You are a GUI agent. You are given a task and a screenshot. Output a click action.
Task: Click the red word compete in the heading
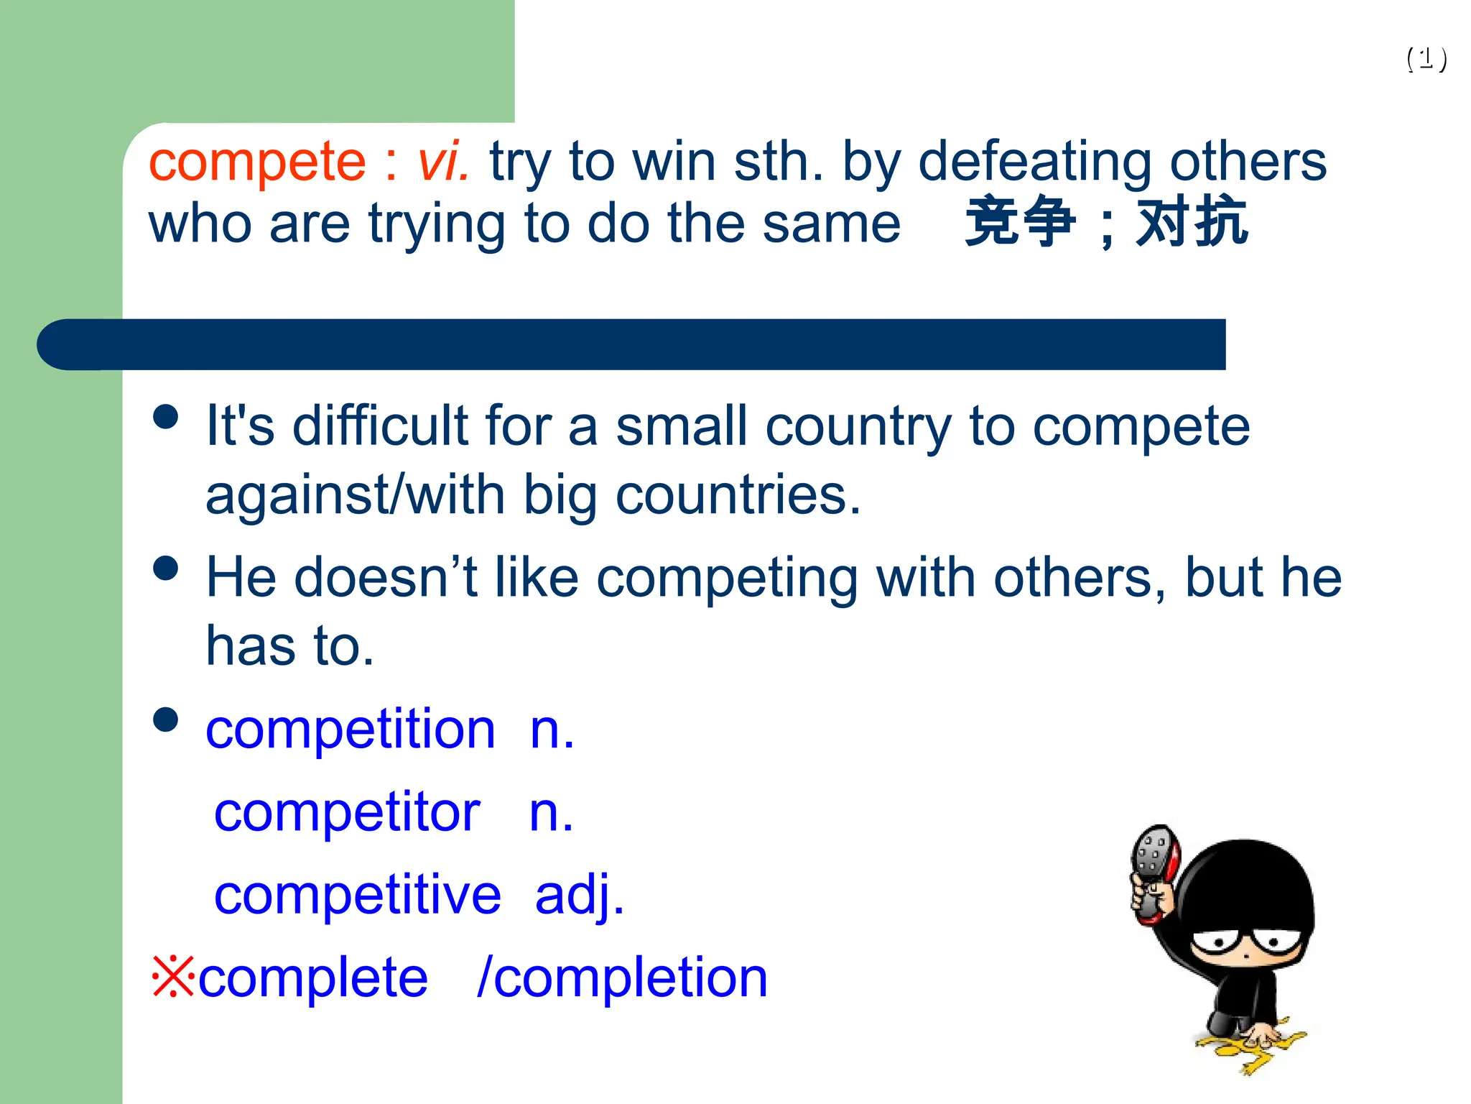[x=257, y=162]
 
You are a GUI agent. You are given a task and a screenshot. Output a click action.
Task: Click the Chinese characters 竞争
[x=1020, y=222]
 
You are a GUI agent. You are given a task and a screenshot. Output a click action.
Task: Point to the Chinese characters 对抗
[x=1192, y=222]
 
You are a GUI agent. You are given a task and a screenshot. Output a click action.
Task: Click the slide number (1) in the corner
[x=1426, y=59]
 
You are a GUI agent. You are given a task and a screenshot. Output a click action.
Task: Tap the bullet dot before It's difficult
[x=166, y=417]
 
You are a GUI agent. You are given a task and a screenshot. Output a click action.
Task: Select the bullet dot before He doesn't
[x=166, y=569]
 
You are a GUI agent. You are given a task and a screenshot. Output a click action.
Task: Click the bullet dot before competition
[x=166, y=719]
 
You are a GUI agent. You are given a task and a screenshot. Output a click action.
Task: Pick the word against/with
[x=356, y=495]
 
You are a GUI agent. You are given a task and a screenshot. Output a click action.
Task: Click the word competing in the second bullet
[x=726, y=578]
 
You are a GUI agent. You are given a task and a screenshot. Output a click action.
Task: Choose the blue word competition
[x=351, y=730]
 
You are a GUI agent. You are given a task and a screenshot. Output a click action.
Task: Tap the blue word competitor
[x=347, y=813]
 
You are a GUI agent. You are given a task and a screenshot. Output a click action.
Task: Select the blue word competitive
[x=357, y=896]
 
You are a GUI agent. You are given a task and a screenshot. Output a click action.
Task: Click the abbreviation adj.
[x=579, y=896]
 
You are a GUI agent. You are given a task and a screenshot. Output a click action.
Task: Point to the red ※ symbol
[x=173, y=977]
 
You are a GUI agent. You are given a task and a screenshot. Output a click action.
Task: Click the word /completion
[x=622, y=978]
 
